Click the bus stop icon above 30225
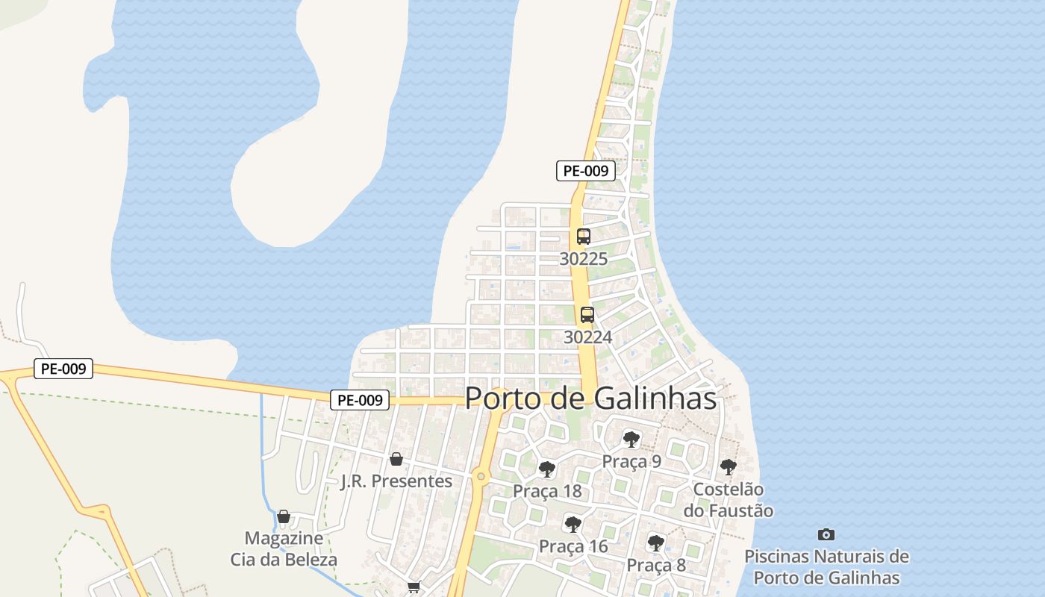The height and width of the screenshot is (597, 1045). click(x=584, y=237)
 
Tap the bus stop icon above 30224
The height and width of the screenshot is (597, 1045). click(x=587, y=315)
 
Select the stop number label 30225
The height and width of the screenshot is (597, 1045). click(x=584, y=259)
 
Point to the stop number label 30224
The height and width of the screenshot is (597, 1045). click(x=587, y=337)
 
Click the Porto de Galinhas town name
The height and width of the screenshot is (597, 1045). click(x=590, y=398)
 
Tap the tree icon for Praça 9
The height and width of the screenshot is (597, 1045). click(x=631, y=439)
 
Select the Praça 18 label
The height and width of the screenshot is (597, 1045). click(x=547, y=492)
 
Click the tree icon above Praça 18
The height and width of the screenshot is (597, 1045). click(x=547, y=469)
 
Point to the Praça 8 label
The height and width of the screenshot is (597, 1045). click(x=656, y=565)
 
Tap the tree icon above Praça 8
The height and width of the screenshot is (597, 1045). click(x=656, y=543)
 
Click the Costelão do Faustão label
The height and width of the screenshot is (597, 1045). click(x=729, y=500)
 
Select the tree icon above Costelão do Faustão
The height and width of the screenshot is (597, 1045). click(x=729, y=468)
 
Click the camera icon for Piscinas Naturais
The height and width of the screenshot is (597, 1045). click(x=826, y=534)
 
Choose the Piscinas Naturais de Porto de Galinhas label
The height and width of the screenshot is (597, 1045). click(x=826, y=567)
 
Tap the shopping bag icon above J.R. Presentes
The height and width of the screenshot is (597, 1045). click(x=396, y=459)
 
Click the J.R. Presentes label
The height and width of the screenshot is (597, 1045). click(x=396, y=481)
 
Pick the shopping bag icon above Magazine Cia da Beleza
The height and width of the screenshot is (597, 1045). click(x=284, y=516)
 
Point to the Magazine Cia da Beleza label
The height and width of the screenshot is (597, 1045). click(x=284, y=548)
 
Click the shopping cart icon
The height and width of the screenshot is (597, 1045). click(x=414, y=587)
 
